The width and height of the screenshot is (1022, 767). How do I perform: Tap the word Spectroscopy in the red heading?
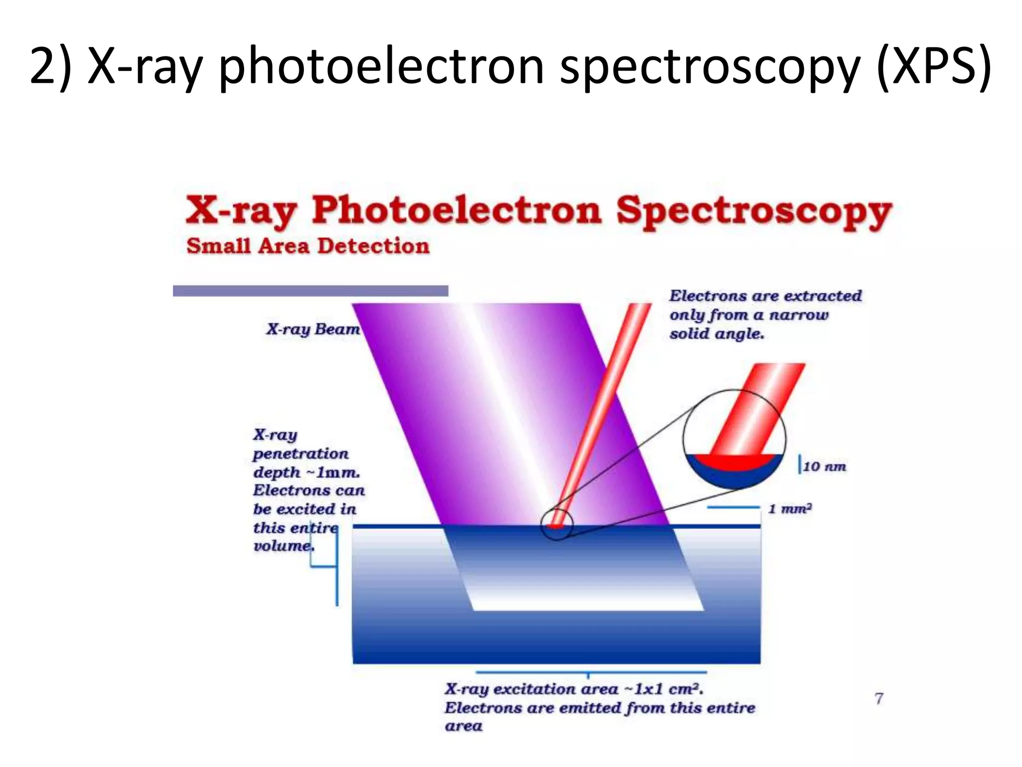click(x=753, y=211)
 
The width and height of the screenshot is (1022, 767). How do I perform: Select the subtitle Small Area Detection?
click(x=307, y=246)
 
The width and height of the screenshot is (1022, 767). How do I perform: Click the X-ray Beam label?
click(x=313, y=329)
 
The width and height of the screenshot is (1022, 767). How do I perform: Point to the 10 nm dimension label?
click(x=824, y=467)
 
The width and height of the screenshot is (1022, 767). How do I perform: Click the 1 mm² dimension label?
click(x=790, y=509)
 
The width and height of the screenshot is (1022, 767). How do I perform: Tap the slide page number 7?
click(x=879, y=698)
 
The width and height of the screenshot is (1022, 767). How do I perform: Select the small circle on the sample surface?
click(x=556, y=524)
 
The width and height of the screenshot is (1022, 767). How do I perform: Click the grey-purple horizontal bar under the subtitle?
click(x=310, y=291)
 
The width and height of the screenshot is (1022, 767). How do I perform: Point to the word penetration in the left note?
click(x=300, y=454)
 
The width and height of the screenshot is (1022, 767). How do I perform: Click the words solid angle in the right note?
click(x=717, y=334)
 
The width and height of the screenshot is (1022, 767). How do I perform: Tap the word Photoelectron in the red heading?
click(x=456, y=211)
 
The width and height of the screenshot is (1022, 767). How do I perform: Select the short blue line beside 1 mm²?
click(x=733, y=508)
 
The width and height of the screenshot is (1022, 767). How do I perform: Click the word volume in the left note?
click(x=282, y=546)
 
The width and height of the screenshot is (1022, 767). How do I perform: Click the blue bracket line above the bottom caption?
click(x=591, y=673)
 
